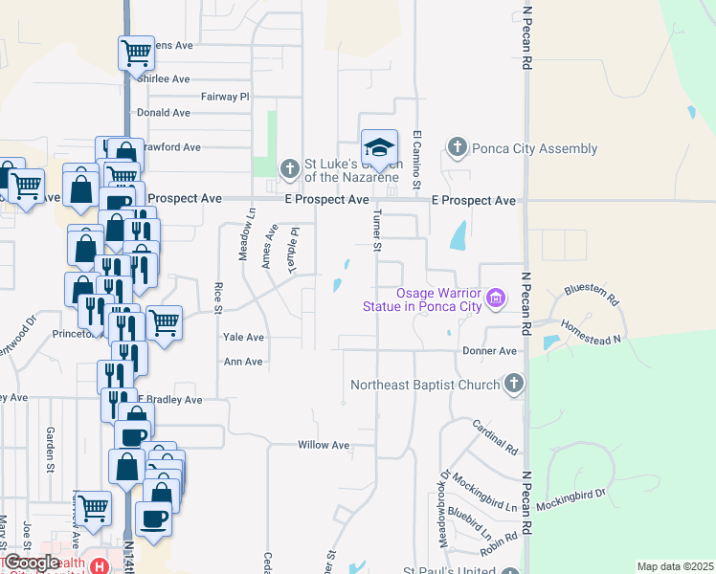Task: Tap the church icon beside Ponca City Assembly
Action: (458, 148)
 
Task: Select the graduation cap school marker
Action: (379, 147)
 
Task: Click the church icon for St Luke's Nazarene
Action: (290, 170)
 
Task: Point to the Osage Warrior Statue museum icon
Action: (496, 298)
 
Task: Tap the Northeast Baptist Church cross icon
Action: (514, 385)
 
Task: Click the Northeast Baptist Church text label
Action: (426, 385)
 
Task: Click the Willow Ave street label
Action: (324, 445)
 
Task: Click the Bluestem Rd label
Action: (593, 288)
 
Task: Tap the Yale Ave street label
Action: (243, 338)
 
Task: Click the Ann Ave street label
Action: (242, 362)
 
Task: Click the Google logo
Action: (31, 563)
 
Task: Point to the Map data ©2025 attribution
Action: (675, 566)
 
